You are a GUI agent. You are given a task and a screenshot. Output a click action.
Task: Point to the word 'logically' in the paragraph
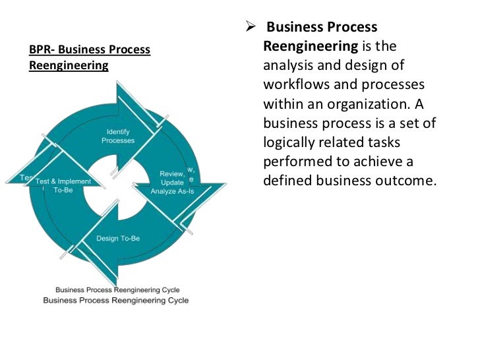point(288,143)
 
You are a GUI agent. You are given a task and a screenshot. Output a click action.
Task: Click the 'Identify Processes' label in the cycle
point(118,136)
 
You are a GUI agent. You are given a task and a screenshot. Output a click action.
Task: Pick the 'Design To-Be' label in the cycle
point(118,238)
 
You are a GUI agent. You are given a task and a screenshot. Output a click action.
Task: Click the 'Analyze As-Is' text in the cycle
point(171,192)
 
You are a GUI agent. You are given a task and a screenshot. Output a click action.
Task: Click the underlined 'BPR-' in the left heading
point(42,50)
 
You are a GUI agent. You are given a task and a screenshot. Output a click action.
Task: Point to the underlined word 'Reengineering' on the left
point(69,66)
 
